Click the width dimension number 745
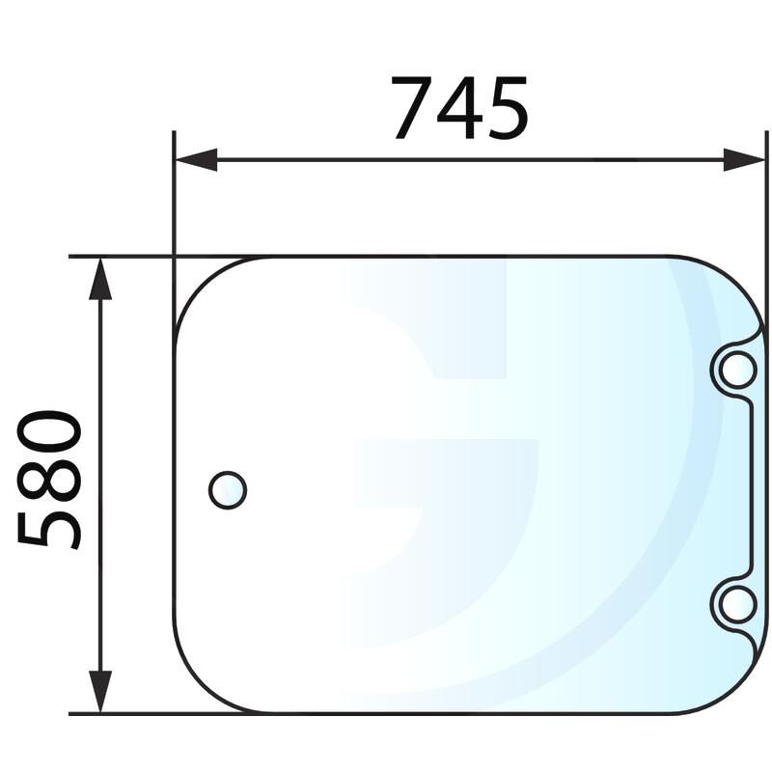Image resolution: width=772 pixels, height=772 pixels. [x=460, y=107]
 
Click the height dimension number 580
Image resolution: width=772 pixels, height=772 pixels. [x=50, y=480]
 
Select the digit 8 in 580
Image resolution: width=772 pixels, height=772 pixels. [x=50, y=480]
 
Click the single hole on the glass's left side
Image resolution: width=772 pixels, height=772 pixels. [x=228, y=490]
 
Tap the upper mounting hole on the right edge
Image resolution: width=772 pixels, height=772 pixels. [x=737, y=368]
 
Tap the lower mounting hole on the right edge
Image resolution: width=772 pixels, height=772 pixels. [x=737, y=603]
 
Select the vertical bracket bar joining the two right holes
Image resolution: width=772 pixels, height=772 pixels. [x=754, y=485]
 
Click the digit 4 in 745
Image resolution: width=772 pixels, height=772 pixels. [x=461, y=107]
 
